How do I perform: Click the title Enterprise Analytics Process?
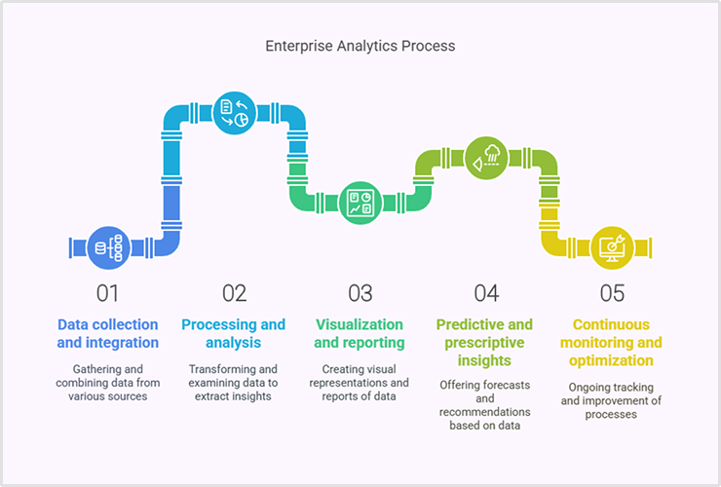tap(360, 46)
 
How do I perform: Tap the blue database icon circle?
tap(108, 247)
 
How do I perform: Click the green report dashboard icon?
tap(360, 203)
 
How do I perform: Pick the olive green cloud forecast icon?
tap(486, 157)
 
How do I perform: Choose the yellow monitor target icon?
tap(612, 247)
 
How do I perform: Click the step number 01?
tap(107, 292)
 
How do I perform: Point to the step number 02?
tap(234, 292)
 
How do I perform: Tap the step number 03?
tap(360, 292)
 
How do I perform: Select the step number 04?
tap(486, 292)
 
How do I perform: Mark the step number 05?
tap(612, 292)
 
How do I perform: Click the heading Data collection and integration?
tap(107, 333)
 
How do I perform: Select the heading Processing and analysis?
tap(234, 333)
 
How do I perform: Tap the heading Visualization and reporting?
tap(360, 333)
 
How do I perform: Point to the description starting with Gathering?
tap(107, 383)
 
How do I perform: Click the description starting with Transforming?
tap(234, 383)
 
